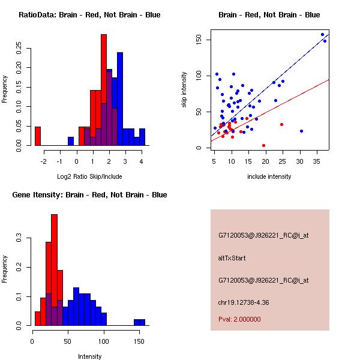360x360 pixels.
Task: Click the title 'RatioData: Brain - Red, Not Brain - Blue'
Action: [89, 15]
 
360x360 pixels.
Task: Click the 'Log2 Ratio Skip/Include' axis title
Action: [90, 176]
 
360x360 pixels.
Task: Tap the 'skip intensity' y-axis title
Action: [185, 90]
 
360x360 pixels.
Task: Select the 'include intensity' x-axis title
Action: [269, 176]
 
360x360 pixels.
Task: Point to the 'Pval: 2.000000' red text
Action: [239, 320]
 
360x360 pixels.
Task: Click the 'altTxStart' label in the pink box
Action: [232, 259]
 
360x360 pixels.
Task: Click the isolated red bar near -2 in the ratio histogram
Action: [38, 136]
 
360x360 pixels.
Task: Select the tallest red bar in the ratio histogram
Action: [104, 90]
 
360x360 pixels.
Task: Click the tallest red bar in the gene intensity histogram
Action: [54, 270]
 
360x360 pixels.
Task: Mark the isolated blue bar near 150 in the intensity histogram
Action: [139, 322]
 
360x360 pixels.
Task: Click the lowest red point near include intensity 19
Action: [263, 145]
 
